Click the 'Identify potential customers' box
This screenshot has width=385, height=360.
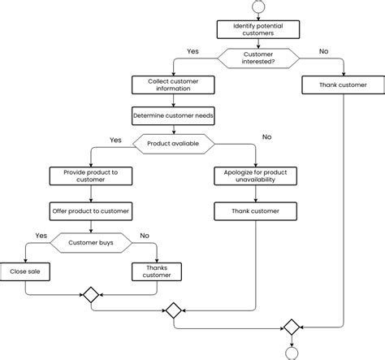(258, 29)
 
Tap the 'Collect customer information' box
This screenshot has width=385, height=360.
(174, 85)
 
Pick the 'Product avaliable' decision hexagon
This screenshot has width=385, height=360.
(174, 144)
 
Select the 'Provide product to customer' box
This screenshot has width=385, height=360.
(90, 175)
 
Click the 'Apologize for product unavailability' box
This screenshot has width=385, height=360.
(256, 175)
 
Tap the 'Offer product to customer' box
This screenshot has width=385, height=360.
(90, 211)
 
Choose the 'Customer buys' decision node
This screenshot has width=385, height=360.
(90, 241)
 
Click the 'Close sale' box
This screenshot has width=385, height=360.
(24, 271)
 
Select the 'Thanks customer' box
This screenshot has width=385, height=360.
(156, 271)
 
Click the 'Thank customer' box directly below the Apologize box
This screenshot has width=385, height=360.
(256, 211)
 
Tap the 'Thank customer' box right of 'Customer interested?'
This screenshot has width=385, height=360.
(343, 85)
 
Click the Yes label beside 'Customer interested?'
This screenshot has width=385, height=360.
(193, 51)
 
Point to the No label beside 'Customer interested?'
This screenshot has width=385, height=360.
(323, 51)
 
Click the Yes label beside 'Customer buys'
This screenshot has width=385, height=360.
(41, 236)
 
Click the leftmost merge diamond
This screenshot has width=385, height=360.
(90, 294)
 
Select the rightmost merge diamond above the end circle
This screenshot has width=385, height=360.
(291, 327)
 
